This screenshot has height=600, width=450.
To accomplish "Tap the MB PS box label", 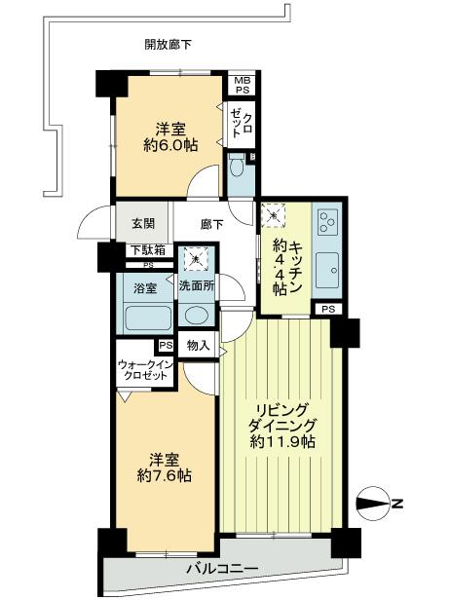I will pos(240,85).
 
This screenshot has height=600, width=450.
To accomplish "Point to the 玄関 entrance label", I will pos(131,222).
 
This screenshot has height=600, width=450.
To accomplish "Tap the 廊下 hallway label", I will pos(211,222).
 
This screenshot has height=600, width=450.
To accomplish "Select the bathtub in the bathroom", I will pos(146,317).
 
